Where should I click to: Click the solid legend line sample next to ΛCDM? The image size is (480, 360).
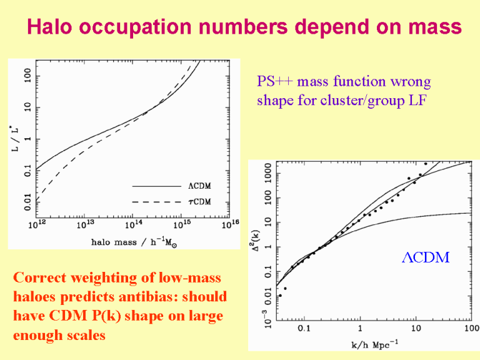156,186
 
